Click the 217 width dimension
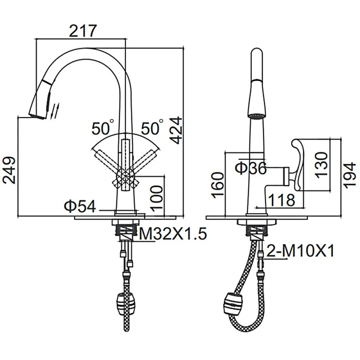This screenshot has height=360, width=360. pos(83,31)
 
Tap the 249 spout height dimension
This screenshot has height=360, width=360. pos(9,170)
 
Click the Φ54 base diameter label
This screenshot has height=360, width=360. pos(80,206)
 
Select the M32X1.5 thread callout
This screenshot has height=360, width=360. pos(173,234)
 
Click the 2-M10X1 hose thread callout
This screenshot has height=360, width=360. pos(300,251)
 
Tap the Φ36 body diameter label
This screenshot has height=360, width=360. pos(251,168)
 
